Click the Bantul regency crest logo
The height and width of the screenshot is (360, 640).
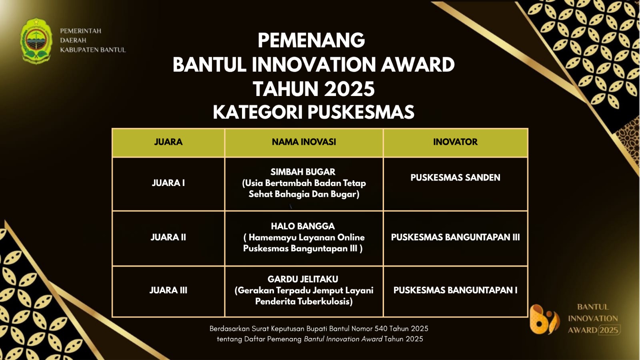click(x=36, y=40)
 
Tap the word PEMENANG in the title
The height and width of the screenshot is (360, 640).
click(x=312, y=40)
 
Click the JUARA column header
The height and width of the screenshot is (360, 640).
click(x=168, y=142)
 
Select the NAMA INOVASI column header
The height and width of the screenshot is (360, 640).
click(x=304, y=142)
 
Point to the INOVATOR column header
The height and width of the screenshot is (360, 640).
click(x=456, y=142)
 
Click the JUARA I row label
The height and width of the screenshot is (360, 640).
click(x=168, y=183)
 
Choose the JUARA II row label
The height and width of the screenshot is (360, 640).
click(x=168, y=237)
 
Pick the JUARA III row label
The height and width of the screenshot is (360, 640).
click(x=168, y=290)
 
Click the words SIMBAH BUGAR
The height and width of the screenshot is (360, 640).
click(x=303, y=172)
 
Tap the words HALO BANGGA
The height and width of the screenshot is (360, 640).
click(x=303, y=226)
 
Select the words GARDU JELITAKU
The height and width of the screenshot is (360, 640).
click(x=303, y=279)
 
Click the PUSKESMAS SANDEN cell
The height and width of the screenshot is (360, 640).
click(x=456, y=178)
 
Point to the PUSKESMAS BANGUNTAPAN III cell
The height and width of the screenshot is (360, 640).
click(x=456, y=237)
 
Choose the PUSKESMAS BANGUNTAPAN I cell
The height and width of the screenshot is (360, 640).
click(x=456, y=290)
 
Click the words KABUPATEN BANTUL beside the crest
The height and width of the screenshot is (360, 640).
click(x=93, y=50)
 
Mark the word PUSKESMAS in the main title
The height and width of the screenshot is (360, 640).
click(x=361, y=112)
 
